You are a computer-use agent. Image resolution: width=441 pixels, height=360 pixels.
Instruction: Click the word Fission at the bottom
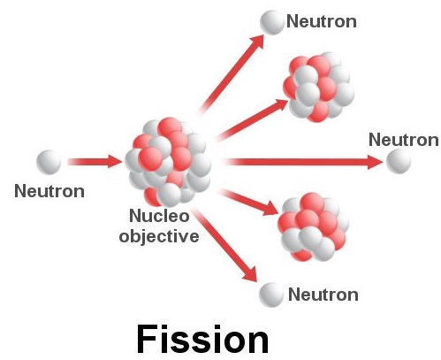(x=202, y=339)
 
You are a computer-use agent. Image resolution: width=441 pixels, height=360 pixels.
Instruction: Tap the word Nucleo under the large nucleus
(x=159, y=216)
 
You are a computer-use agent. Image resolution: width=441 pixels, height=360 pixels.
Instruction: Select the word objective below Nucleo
(x=159, y=236)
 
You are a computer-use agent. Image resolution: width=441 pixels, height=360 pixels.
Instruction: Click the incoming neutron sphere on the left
(x=49, y=162)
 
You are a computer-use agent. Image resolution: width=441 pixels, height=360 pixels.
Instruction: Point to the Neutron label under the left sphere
(x=49, y=191)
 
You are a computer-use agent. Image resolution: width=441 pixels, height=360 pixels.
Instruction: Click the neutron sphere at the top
(x=272, y=22)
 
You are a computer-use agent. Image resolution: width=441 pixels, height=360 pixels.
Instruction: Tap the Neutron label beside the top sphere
(x=322, y=21)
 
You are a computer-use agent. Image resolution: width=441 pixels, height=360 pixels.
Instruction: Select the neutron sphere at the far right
(x=399, y=161)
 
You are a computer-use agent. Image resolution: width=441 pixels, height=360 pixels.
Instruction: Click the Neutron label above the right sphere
(x=404, y=139)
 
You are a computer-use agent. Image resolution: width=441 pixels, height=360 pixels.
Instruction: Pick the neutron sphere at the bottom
(x=271, y=295)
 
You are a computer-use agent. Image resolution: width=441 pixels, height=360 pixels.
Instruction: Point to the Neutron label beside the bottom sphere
(x=323, y=295)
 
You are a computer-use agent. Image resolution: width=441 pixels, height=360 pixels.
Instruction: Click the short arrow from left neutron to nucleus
(x=95, y=162)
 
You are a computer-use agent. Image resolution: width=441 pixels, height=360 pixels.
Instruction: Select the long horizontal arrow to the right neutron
(x=303, y=162)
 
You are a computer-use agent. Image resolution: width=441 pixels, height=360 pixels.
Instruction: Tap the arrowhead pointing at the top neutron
(x=257, y=42)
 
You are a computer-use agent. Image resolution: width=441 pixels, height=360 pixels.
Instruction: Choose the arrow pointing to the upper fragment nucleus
(x=253, y=119)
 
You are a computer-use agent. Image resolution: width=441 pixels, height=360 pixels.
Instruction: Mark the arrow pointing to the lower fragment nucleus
(x=249, y=202)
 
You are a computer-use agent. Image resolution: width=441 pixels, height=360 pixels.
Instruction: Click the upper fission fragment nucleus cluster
(x=319, y=88)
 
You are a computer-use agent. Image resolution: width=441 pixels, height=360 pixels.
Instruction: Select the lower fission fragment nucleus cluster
(x=314, y=227)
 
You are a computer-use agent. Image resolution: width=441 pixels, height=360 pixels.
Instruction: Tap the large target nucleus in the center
(x=168, y=162)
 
